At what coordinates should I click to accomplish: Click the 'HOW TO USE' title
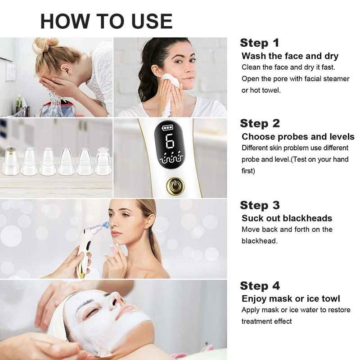(106, 21)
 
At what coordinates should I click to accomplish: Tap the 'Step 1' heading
(260, 43)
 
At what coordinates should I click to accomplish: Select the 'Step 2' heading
(260, 124)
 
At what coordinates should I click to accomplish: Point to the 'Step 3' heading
(260, 206)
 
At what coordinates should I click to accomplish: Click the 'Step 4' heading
(260, 286)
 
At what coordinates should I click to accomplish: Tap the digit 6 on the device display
(170, 141)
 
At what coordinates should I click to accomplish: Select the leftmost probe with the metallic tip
(11, 162)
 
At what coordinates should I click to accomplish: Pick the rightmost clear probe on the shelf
(102, 162)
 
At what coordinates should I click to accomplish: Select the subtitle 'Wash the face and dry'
(290, 56)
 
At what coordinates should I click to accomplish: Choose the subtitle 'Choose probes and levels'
(298, 137)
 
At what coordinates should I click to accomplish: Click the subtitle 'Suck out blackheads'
(287, 218)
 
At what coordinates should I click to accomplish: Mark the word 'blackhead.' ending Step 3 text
(260, 241)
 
